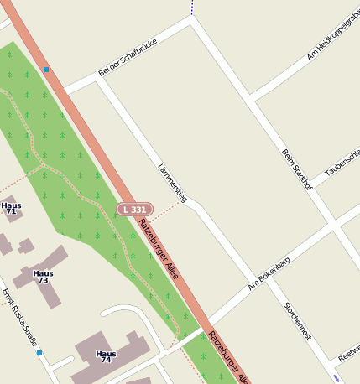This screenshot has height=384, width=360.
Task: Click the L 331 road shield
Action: tap(134, 208)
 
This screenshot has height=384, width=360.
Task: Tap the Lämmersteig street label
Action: tap(172, 183)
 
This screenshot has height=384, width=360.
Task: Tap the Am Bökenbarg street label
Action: tap(269, 275)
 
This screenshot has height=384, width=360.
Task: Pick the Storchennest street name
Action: tap(297, 320)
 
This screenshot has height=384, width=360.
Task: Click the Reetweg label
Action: tap(348, 355)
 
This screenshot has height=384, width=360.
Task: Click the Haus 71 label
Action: tap(11, 209)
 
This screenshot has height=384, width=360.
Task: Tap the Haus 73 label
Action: tap(43, 277)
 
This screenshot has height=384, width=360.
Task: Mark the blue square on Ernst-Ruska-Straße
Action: tap(39, 353)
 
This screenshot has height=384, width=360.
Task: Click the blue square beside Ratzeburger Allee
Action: tap(46, 69)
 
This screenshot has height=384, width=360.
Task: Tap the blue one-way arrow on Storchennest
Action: tap(336, 379)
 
